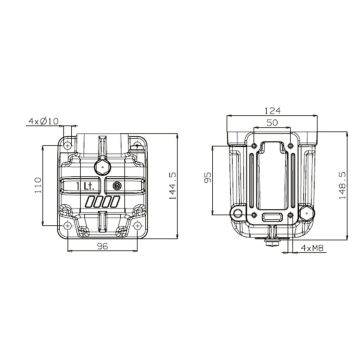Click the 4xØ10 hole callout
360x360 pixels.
point(43,121)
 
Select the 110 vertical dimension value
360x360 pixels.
point(38,185)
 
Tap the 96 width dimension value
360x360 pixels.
point(102,246)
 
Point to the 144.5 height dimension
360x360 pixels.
point(173,186)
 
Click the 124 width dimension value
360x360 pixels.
point(272,110)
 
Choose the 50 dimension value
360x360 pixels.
point(272,122)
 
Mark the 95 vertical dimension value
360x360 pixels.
point(207,178)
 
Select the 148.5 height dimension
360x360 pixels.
point(342,186)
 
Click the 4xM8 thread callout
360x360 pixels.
point(312,248)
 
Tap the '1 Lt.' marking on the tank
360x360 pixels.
point(85,186)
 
